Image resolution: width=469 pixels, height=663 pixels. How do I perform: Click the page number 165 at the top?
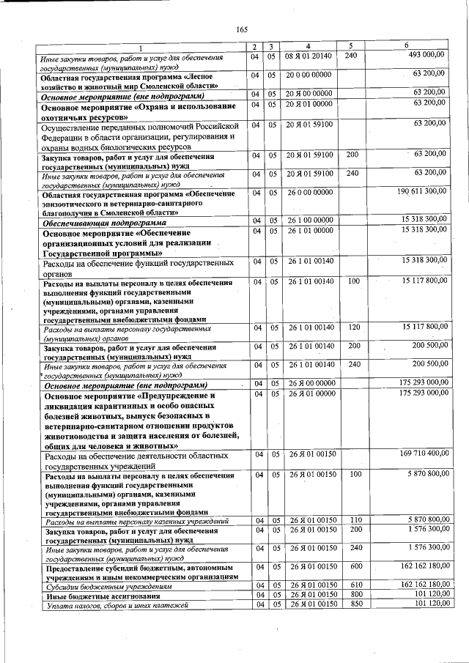tap(242, 29)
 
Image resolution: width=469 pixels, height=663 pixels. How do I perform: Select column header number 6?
tap(417, 46)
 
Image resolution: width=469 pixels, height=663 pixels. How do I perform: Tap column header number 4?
tap(309, 46)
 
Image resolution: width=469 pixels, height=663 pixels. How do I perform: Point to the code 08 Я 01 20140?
tap(309, 56)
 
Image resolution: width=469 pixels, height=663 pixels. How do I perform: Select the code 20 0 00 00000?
tap(309, 74)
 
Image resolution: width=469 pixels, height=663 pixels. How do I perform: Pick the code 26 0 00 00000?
tap(309, 192)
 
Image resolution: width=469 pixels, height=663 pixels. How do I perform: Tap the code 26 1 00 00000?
tap(309, 221)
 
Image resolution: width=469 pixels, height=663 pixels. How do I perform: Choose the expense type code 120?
tap(353, 327)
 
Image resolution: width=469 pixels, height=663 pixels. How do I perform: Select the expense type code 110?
tap(353, 520)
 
